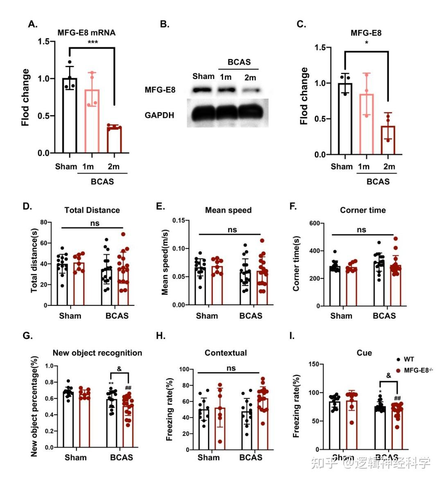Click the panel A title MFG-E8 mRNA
pos(86,33)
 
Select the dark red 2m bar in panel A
pos(114,140)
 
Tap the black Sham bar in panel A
pos(70,116)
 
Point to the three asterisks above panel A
pos(92,43)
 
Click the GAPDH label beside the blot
pos(159,115)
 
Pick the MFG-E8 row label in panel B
pos(160,90)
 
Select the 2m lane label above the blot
pos(250,77)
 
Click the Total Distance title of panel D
pos(92,210)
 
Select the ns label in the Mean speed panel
pos(232,230)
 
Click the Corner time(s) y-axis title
pos(296,264)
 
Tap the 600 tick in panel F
pos(315,224)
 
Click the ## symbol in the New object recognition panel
pos(128,388)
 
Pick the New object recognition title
pos(97,353)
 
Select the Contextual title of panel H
pos(226,353)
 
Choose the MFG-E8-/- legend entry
pos(418,370)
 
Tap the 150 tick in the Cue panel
pos(314,364)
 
